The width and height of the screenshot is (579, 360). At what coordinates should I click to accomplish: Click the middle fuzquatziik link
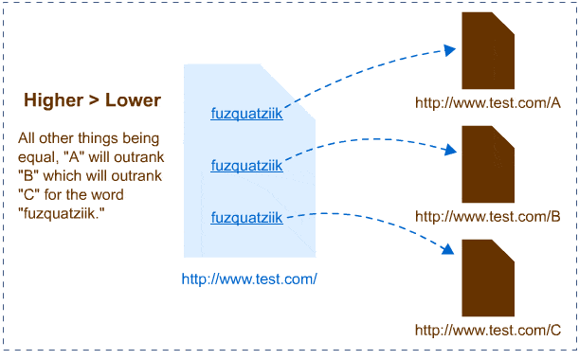[x=246, y=167]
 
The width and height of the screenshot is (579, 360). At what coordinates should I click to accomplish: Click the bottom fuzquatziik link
[x=246, y=219]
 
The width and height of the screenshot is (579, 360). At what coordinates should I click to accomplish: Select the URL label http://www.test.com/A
[x=488, y=103]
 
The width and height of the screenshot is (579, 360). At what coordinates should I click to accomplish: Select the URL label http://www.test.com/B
[x=488, y=217]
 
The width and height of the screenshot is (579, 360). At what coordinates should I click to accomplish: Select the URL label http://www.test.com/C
[x=488, y=331]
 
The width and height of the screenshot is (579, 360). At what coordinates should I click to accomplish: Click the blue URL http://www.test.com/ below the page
[x=248, y=279]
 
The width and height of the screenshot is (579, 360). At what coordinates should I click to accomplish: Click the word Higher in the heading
[x=53, y=100]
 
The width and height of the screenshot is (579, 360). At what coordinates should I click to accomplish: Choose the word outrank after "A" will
[x=139, y=157]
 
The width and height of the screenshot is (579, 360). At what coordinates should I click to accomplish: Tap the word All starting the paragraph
[x=27, y=139]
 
